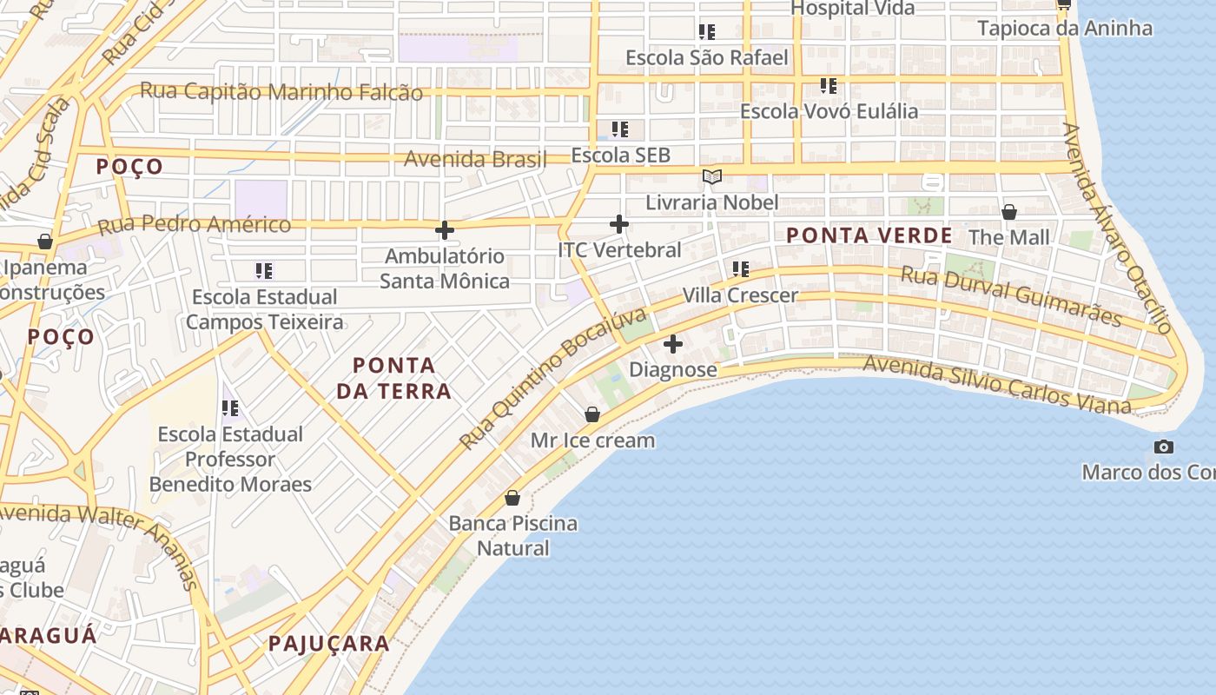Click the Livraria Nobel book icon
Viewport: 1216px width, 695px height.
[x=712, y=177]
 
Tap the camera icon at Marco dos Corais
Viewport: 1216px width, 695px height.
[x=1164, y=447]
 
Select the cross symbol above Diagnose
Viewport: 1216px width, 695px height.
[x=673, y=344]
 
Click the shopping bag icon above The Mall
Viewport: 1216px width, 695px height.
[x=1009, y=211]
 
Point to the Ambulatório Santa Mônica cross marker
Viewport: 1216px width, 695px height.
[x=445, y=230]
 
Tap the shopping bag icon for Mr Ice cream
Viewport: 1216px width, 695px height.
[x=592, y=414]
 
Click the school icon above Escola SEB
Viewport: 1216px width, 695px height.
[x=619, y=129]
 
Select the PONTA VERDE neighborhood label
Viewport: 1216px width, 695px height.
[x=869, y=235]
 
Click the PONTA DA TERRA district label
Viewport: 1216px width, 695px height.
[x=393, y=378]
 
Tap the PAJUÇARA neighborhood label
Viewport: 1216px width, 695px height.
[x=328, y=644]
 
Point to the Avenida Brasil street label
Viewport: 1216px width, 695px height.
[x=475, y=159]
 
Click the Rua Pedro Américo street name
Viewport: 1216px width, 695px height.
[x=195, y=225]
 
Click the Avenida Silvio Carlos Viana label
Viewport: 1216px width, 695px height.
[x=997, y=385]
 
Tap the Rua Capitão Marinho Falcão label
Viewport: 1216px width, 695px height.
[x=281, y=91]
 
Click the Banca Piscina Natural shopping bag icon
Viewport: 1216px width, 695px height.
[x=512, y=498]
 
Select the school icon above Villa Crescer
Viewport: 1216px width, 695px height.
[x=740, y=269]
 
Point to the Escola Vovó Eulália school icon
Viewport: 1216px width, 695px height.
[x=829, y=86]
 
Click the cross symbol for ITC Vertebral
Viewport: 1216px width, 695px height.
[x=619, y=224]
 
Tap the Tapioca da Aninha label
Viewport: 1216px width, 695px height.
[x=1065, y=28]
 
